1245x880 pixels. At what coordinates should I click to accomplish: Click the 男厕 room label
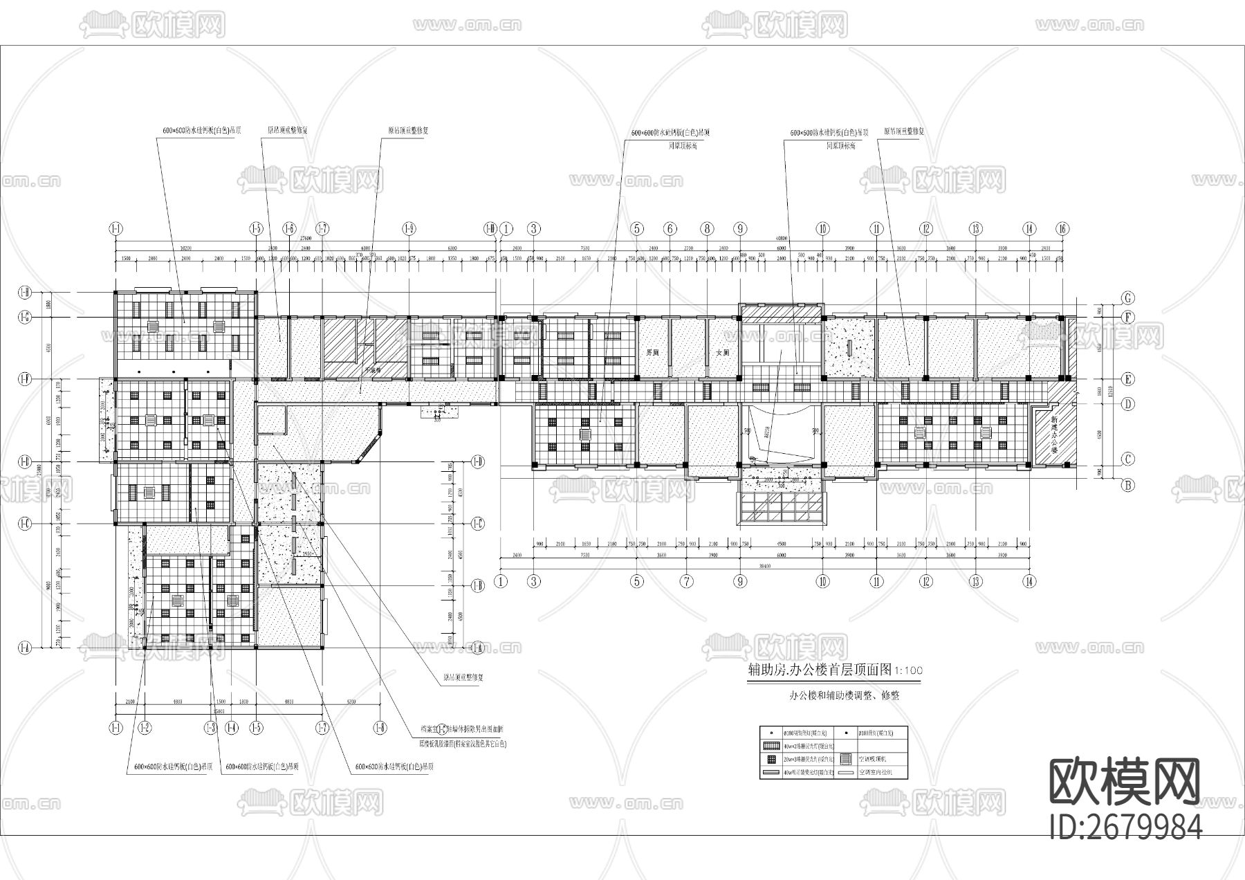[652, 352]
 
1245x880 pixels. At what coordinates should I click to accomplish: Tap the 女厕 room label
[723, 352]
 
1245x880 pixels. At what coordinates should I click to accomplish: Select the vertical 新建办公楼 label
[1053, 434]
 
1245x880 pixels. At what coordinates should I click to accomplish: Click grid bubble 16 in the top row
[1063, 229]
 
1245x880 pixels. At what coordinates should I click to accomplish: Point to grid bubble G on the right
[1128, 298]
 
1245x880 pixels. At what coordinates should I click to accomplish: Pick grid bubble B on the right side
[1128, 485]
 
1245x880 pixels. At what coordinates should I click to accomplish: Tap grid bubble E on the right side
[1128, 379]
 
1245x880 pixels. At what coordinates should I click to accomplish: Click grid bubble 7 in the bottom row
[685, 581]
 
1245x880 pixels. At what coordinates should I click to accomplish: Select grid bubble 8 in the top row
[706, 229]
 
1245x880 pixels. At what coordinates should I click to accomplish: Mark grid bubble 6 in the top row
[670, 229]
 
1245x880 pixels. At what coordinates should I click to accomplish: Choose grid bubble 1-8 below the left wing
[380, 727]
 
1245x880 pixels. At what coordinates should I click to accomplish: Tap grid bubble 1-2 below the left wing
[145, 727]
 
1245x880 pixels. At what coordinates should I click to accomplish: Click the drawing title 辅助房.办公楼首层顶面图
[816, 670]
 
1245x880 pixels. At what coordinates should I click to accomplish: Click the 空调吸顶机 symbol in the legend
[845, 759]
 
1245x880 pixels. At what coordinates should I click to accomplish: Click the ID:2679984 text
[1125, 826]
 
